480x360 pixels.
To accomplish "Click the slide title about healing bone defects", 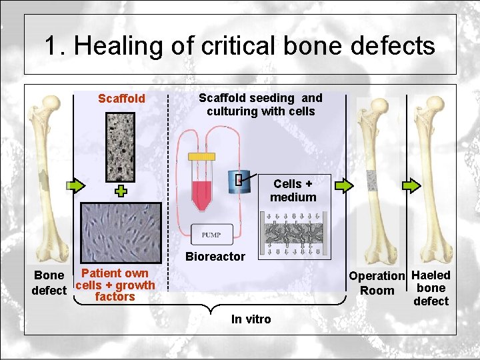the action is [240, 46].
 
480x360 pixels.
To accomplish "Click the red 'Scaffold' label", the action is [121, 99].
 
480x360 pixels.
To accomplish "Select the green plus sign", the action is [121, 192].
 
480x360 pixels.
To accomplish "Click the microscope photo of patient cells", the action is [121, 232].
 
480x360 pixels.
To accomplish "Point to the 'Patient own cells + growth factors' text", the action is [115, 285].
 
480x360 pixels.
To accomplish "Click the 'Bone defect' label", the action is [49, 283].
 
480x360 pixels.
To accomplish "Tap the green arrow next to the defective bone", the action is [75, 184].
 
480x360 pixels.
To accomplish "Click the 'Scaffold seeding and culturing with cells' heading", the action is [261, 104].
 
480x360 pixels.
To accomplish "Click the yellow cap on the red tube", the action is [201, 156].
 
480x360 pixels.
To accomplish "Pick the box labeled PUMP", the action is [211, 235].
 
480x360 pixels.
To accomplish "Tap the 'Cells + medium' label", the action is [293, 190].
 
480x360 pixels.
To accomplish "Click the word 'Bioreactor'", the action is [215, 257].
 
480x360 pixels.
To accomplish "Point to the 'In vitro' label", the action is [251, 319].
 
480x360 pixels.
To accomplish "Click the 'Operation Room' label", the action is [377, 283].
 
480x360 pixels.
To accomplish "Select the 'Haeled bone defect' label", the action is [431, 288].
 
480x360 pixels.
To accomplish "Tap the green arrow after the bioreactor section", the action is [343, 185].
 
